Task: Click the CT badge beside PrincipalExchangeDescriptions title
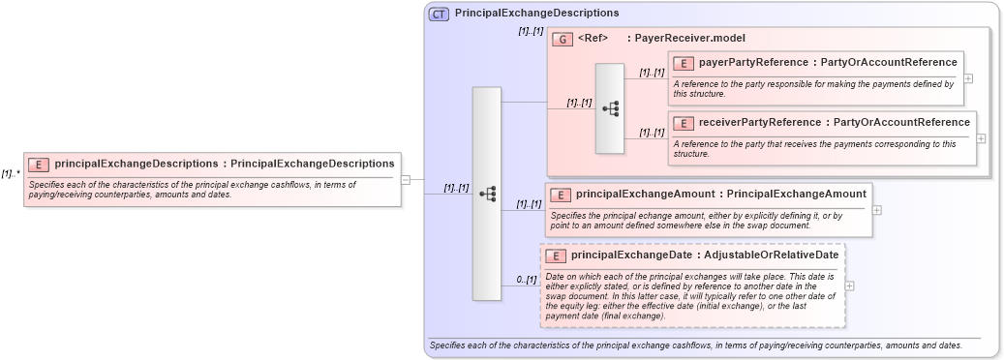coord(439,14)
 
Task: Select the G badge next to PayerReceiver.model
coord(563,40)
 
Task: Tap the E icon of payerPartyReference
coord(684,63)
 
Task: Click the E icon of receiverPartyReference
coord(684,123)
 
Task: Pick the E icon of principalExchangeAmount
coord(561,195)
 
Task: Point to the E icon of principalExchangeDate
coord(556,255)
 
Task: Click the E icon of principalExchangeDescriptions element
coord(40,165)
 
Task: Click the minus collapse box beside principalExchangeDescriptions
coord(406,179)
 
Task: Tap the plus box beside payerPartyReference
coord(968,77)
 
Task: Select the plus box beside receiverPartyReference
coord(981,137)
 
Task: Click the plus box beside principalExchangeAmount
coord(877,209)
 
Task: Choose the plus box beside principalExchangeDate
coord(850,285)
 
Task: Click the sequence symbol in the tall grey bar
coord(487,194)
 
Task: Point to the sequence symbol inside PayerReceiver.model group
coord(610,108)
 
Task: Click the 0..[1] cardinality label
coord(526,280)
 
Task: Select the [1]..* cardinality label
coord(11,174)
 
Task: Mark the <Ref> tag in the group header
coord(593,39)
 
